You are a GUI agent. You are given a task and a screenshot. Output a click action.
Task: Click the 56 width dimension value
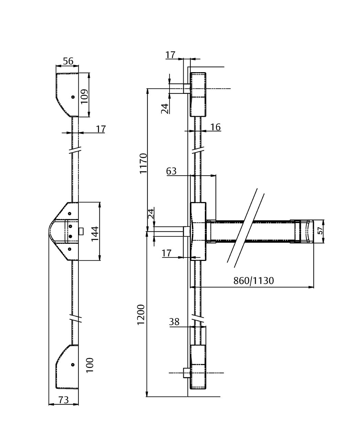(68, 61)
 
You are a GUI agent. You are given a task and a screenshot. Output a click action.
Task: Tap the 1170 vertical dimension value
(143, 163)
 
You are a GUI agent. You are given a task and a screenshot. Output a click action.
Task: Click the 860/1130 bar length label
(254, 281)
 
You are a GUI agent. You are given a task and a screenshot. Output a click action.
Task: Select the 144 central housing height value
(95, 233)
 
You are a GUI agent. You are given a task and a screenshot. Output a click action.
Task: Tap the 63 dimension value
(171, 170)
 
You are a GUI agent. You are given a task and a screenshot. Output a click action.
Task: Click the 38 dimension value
(174, 322)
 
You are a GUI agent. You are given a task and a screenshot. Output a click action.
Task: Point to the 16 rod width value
(215, 127)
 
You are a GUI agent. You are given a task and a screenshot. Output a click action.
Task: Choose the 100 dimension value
(90, 365)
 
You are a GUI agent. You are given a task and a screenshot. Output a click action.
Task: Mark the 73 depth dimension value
(64, 400)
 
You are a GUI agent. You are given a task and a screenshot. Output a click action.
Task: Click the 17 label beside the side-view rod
(100, 129)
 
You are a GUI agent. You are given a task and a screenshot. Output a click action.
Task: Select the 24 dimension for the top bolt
(165, 109)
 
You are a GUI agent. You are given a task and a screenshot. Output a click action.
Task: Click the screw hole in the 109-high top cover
(73, 97)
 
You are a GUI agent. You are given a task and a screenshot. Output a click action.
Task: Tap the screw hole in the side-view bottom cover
(73, 364)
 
